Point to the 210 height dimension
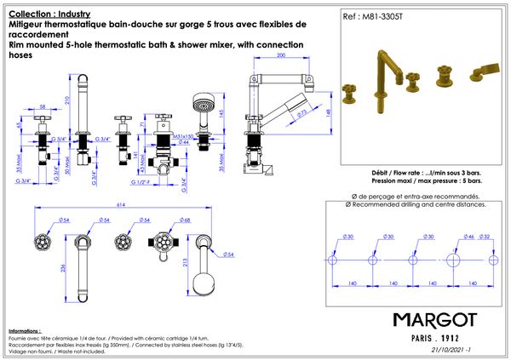(91, 99)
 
